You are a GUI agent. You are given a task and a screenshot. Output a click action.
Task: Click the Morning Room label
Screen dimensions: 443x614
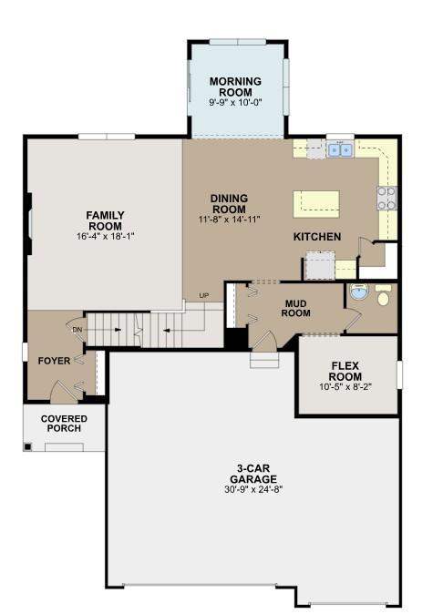tap(235, 87)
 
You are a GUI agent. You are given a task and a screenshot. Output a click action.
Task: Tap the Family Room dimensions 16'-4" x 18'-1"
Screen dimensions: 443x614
tap(106, 237)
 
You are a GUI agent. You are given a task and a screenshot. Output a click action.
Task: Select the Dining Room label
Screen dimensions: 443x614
tap(229, 204)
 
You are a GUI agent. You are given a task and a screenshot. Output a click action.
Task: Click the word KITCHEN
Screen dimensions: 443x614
tap(317, 237)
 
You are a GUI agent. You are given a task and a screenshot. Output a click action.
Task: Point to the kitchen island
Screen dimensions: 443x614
tap(316, 204)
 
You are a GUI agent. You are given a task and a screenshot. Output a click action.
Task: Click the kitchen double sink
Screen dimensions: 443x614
tap(340, 150)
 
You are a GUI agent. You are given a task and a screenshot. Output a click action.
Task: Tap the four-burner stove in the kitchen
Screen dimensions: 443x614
tap(386, 199)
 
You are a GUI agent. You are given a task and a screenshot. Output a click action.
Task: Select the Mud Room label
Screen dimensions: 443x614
tap(295, 309)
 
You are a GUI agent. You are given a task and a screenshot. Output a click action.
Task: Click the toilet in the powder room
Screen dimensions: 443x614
tap(383, 296)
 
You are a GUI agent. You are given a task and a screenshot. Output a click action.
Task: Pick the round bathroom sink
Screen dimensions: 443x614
tap(359, 292)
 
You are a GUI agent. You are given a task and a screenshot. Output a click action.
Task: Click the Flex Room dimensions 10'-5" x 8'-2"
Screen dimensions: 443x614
tap(345, 387)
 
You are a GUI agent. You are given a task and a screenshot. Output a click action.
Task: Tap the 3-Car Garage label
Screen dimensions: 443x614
tap(253, 474)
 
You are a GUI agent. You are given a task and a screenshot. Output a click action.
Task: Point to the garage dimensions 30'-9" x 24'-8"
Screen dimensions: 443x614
tap(253, 489)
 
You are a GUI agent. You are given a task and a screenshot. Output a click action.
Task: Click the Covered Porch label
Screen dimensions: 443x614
tap(64, 424)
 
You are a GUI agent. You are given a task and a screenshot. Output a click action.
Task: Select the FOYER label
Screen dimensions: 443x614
tap(54, 361)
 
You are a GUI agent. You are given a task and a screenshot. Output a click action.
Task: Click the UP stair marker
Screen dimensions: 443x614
tap(203, 296)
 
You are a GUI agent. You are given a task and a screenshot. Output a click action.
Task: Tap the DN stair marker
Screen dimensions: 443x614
tap(77, 330)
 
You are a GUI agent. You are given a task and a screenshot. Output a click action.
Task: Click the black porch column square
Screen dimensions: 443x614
tap(27, 446)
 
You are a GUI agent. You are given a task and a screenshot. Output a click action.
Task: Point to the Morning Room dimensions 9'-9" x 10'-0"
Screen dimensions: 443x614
tap(235, 103)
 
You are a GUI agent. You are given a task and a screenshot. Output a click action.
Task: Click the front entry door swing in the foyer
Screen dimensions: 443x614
tap(64, 391)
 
